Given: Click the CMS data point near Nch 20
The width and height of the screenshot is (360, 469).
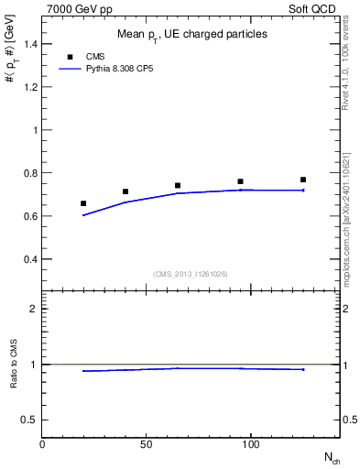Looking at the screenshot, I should tap(83, 203).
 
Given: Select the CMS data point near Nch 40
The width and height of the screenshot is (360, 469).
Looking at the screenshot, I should tap(125, 191).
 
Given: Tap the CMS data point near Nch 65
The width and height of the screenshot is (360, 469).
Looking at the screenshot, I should tap(178, 185).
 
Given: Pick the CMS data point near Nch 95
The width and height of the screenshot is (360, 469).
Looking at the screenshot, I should tap(240, 181).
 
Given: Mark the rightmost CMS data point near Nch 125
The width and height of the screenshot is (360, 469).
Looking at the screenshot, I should tap(303, 180).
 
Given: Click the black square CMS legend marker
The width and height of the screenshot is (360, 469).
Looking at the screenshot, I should tap(70, 56).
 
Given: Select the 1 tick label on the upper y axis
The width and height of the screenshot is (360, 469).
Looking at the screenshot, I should tap(35, 130).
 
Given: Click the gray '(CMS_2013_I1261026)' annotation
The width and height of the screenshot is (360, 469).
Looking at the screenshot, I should tap(191, 274).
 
